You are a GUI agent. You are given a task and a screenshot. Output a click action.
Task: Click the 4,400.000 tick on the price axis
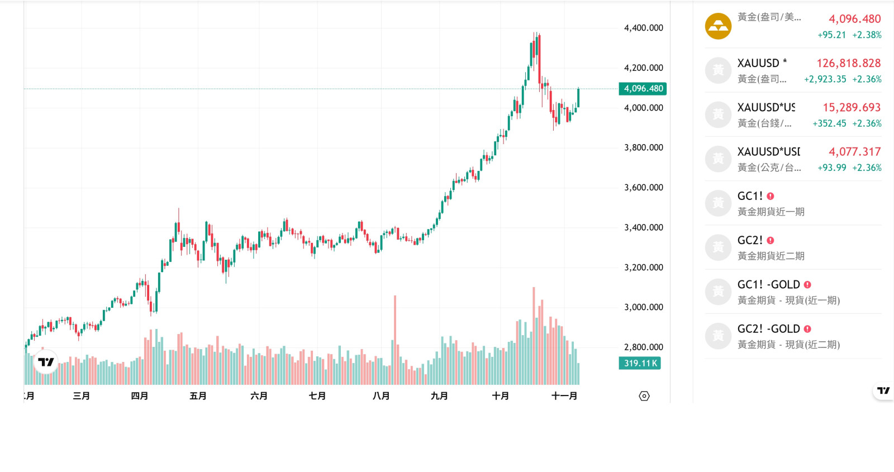[643, 28]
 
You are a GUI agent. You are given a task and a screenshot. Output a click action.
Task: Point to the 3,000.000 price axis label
[643, 307]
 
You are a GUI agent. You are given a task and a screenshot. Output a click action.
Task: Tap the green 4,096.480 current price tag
[643, 89]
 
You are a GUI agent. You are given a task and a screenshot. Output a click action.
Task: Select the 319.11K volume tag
[640, 363]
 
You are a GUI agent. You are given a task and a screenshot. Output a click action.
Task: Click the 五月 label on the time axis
[198, 396]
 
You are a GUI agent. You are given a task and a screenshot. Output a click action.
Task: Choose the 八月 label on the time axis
[381, 396]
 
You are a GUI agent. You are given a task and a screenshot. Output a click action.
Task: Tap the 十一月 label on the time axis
[564, 396]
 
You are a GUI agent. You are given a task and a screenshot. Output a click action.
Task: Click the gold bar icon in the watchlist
[718, 26]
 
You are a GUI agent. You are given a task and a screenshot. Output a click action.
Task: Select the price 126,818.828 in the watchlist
[848, 63]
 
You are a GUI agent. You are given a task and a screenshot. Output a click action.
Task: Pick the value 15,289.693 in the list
[851, 107]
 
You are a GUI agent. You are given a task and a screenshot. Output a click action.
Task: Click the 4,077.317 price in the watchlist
[854, 151]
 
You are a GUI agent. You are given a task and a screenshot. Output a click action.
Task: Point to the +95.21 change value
[831, 35]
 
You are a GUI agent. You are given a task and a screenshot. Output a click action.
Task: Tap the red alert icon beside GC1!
[771, 196]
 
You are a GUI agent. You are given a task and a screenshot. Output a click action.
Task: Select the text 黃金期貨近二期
[771, 256]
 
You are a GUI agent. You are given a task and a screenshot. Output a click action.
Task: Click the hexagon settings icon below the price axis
[644, 396]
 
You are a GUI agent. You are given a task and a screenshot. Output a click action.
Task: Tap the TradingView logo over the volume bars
[46, 362]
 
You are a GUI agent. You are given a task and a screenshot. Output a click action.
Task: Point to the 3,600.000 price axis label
[643, 188]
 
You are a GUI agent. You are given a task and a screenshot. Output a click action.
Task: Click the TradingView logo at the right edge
[883, 390]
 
